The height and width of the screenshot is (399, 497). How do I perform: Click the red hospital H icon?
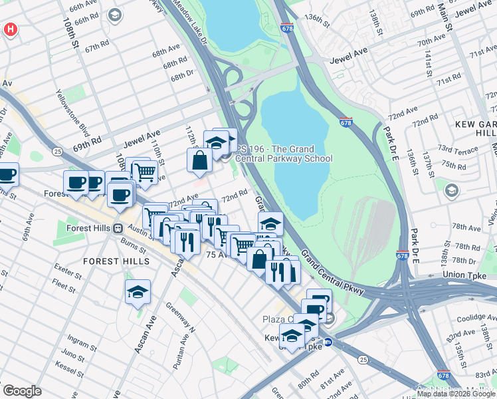pyautogui.click(x=10, y=29)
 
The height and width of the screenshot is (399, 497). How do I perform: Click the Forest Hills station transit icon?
pyautogui.click(x=118, y=228)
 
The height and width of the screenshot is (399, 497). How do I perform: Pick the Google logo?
pyautogui.click(x=22, y=391)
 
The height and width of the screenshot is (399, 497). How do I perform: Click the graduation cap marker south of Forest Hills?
pyautogui.click(x=138, y=292)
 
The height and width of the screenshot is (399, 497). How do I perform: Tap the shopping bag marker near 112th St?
pyautogui.click(x=200, y=160)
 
